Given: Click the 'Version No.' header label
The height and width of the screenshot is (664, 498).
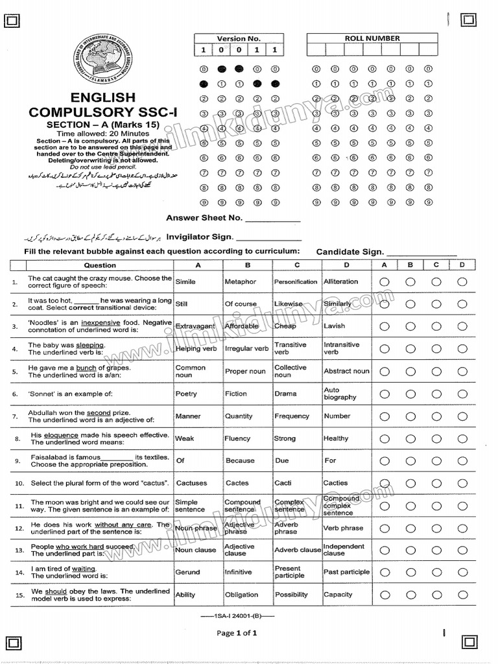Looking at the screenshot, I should click(239, 38).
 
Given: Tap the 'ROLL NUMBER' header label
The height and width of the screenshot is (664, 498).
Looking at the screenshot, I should click(372, 38).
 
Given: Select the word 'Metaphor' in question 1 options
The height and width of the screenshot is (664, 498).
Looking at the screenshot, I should click(240, 282).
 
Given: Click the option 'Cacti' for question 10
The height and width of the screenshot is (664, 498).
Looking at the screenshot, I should click(284, 483).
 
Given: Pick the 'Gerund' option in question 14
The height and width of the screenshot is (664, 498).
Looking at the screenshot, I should click(187, 572).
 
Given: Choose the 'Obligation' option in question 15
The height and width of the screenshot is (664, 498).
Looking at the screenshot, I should click(241, 595).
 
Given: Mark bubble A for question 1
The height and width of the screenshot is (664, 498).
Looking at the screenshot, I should click(385, 282).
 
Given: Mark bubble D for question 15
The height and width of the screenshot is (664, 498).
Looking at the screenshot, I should click(462, 595).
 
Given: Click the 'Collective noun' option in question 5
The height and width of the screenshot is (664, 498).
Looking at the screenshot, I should click(290, 371).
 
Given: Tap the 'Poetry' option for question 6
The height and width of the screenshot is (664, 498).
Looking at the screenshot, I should click(186, 394).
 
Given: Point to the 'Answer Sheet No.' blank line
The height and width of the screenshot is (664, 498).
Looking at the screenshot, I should click(273, 220).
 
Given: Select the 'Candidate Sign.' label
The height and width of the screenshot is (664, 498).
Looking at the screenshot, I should click(350, 252).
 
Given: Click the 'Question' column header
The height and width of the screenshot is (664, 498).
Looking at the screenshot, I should click(100, 265).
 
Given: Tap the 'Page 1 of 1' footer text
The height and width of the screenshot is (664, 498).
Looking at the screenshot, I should click(237, 634).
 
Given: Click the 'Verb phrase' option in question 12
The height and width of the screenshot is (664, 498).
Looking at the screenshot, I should click(343, 528).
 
